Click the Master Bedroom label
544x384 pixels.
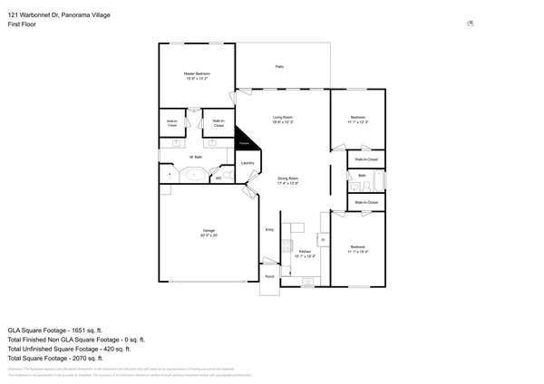click(x=196, y=73)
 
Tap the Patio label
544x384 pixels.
click(x=281, y=67)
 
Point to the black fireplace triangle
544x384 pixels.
click(x=243, y=141)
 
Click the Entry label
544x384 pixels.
click(x=269, y=230)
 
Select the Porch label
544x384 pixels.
click(x=269, y=276)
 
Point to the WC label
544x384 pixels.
click(x=219, y=178)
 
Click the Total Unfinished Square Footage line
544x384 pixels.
click(x=69, y=349)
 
